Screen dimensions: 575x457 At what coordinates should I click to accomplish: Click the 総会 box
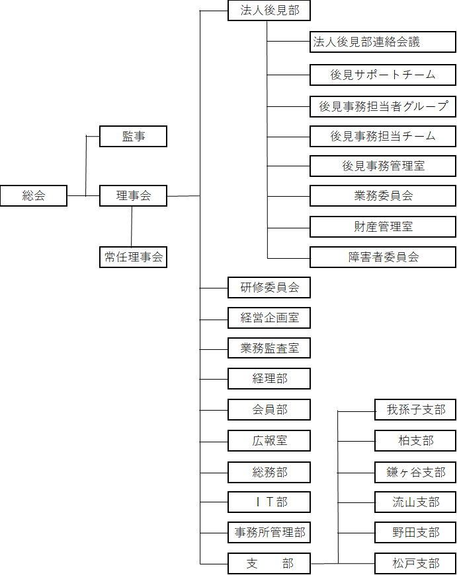(33, 195)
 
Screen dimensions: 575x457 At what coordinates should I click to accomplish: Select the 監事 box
(133, 137)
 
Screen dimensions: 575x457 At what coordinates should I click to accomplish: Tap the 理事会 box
(133, 195)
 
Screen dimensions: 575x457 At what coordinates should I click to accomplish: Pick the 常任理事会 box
(133, 257)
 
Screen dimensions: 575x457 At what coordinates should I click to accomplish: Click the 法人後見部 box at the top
(269, 11)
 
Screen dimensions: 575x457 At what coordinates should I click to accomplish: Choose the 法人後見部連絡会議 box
(382, 43)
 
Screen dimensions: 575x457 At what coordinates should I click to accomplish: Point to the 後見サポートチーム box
(382, 75)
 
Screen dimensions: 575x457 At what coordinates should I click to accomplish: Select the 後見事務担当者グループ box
(382, 106)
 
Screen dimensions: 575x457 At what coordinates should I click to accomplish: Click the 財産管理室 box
(382, 226)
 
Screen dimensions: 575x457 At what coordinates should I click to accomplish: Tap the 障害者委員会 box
(382, 257)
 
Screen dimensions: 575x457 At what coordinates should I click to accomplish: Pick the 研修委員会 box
(269, 287)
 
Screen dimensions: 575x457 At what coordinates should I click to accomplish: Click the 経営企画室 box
(269, 318)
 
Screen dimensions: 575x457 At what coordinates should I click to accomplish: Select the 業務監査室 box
(269, 348)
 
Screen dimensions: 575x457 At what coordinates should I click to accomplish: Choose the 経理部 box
(269, 378)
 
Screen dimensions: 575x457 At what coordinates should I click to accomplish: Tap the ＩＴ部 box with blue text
(269, 502)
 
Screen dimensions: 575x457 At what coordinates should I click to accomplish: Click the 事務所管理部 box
(269, 531)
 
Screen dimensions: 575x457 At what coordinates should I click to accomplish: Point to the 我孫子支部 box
(415, 409)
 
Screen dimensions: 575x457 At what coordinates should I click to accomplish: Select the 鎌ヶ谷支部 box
(415, 472)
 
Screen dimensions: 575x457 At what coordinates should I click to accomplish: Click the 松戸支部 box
(415, 563)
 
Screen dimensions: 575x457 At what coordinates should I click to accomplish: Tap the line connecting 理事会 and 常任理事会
(132, 226)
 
